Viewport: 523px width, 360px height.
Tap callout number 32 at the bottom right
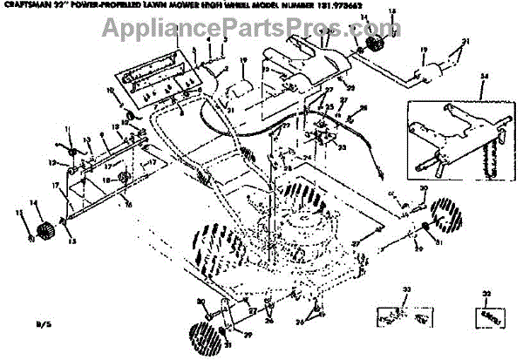point(486,295)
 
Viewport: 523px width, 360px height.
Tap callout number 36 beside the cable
point(363,108)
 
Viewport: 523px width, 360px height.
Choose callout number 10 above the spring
point(111,91)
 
